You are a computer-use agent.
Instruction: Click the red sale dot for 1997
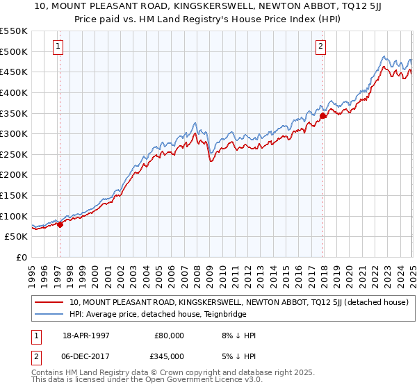[x=60, y=224]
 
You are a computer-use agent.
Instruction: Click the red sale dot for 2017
[x=323, y=116]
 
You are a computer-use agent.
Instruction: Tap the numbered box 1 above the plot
[x=57, y=47]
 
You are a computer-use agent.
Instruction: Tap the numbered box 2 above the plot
[x=320, y=47]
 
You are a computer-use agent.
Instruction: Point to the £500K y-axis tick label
[x=14, y=51]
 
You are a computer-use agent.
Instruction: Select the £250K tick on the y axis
[x=14, y=154]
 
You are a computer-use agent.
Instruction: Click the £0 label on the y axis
[x=21, y=257]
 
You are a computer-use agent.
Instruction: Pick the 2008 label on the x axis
[x=197, y=272]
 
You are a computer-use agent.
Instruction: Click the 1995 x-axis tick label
[x=32, y=272]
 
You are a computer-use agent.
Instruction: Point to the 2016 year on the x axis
[x=298, y=272]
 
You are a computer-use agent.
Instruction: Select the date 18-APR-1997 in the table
[x=86, y=336]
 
